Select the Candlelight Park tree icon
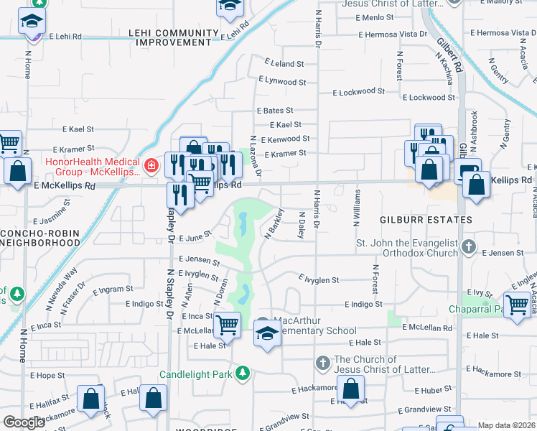click(x=243, y=374)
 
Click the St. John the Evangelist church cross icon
click(x=468, y=247)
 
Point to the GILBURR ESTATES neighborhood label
click(x=417, y=219)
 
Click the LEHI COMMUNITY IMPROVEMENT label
click(x=173, y=38)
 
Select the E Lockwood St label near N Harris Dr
click(x=358, y=92)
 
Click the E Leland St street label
click(x=284, y=64)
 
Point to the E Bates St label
click(x=274, y=111)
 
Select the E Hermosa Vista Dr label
click(x=387, y=34)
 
